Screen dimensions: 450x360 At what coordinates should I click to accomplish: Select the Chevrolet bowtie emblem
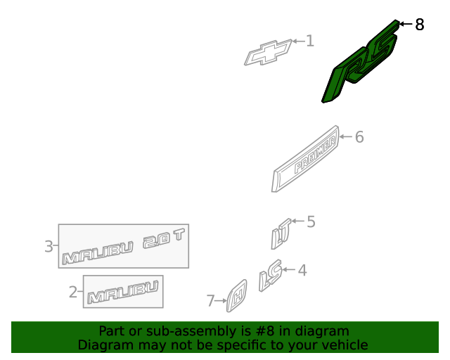[268, 53]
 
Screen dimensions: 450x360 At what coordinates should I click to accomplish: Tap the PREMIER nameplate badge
[305, 159]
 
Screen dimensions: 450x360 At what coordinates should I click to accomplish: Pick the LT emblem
[281, 234]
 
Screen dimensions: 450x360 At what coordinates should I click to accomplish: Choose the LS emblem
[270, 276]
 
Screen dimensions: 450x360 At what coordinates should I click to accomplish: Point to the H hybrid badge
[237, 296]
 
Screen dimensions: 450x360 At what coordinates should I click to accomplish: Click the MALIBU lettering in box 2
[123, 292]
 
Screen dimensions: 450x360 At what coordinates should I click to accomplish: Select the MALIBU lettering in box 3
[98, 253]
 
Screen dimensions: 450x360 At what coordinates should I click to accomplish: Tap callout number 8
[420, 25]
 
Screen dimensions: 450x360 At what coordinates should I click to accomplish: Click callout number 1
[310, 41]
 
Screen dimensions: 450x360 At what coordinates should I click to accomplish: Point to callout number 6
[359, 137]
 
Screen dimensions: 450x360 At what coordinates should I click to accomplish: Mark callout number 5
[311, 222]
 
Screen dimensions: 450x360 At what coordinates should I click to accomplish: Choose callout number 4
[302, 271]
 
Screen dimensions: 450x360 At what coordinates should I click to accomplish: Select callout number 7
[211, 301]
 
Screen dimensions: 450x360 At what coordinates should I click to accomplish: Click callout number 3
[49, 246]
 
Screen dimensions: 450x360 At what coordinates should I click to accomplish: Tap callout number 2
[73, 292]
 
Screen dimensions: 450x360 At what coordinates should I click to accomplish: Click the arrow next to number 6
[346, 136]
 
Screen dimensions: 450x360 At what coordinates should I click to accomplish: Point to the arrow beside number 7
[221, 301]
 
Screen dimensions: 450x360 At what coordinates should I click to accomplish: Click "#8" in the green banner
[264, 331]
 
